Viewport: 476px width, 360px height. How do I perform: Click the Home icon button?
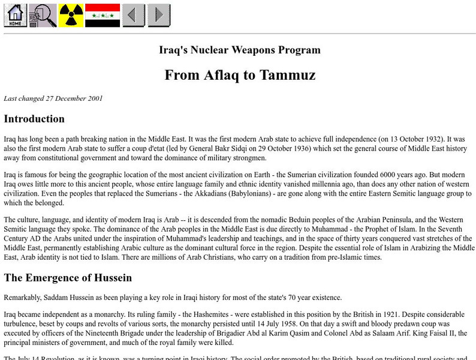16,15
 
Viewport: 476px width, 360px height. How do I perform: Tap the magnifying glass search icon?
43,15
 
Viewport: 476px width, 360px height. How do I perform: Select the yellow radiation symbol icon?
71,15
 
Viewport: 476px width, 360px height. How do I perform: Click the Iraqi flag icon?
103,15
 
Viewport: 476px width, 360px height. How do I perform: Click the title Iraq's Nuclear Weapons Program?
240,50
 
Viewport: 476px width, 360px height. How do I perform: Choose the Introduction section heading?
34,118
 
